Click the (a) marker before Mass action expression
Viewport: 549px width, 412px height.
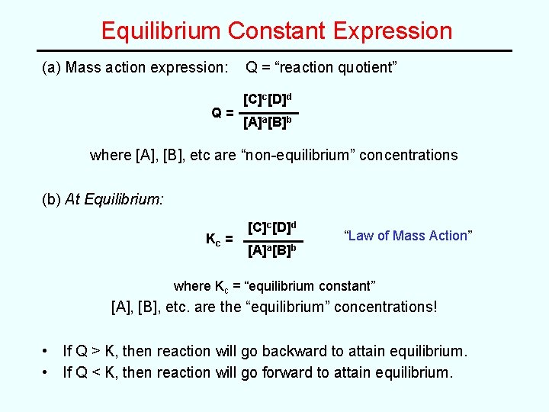point(52,67)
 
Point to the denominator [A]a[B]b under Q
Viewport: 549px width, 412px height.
point(268,123)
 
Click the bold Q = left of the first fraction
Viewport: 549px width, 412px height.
point(222,112)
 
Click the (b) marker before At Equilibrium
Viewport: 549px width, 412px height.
point(52,199)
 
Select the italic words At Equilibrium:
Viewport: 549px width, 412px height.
point(114,199)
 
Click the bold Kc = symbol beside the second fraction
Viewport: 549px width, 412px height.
point(219,239)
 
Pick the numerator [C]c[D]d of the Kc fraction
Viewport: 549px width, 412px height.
point(272,227)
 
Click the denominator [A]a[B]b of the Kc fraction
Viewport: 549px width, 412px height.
point(272,249)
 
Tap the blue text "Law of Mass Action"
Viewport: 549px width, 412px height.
point(409,236)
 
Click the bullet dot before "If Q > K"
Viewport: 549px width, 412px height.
point(47,351)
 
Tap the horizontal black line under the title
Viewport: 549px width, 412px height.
point(274,51)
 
